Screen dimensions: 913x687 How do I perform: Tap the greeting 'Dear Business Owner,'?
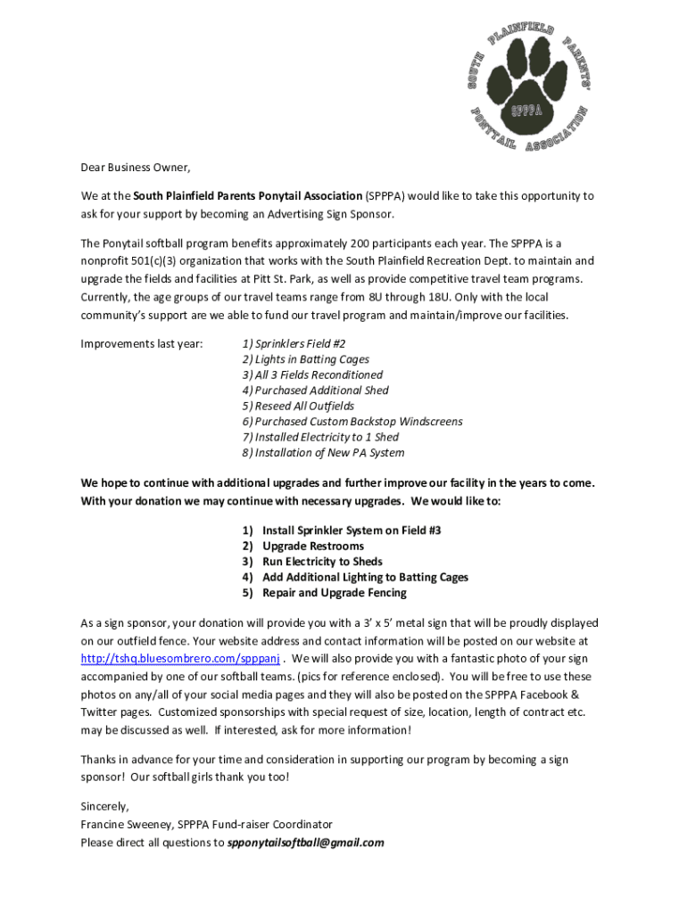point(136,167)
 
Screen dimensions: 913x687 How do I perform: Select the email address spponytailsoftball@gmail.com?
point(305,843)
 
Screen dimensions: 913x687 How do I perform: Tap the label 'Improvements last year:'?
point(142,343)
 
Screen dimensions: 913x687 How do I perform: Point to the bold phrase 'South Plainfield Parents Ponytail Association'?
point(248,196)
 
